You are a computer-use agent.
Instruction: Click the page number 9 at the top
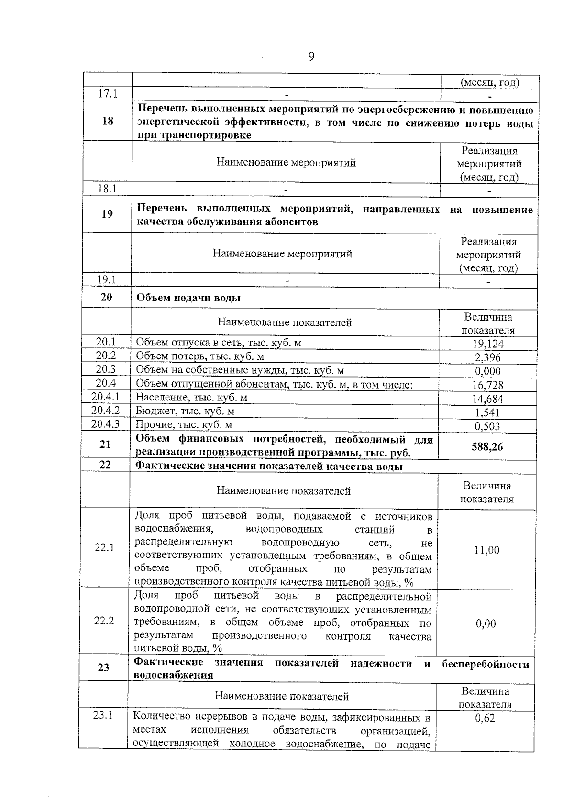(x=311, y=57)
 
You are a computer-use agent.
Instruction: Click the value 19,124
(x=488, y=344)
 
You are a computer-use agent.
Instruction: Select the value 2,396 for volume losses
(x=488, y=357)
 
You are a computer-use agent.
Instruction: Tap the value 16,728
(x=488, y=385)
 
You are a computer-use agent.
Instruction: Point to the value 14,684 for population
(x=488, y=399)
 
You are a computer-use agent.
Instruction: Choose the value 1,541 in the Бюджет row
(x=487, y=412)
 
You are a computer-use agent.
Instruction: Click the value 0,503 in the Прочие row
(x=487, y=426)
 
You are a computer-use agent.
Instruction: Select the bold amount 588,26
(x=487, y=447)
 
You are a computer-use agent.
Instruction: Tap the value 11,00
(x=486, y=550)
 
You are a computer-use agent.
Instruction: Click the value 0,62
(x=485, y=718)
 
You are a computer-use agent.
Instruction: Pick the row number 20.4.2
(x=105, y=411)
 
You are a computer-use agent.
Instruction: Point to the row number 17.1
(x=108, y=94)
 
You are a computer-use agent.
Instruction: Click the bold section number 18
(x=108, y=121)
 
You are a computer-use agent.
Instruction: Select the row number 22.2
(x=104, y=621)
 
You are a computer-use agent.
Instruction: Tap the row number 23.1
(x=103, y=715)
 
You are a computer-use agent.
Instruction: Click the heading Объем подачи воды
(x=188, y=298)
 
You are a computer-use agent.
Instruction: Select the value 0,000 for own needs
(x=488, y=371)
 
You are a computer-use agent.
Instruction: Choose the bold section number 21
(x=105, y=445)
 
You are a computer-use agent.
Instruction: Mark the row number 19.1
(x=107, y=280)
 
